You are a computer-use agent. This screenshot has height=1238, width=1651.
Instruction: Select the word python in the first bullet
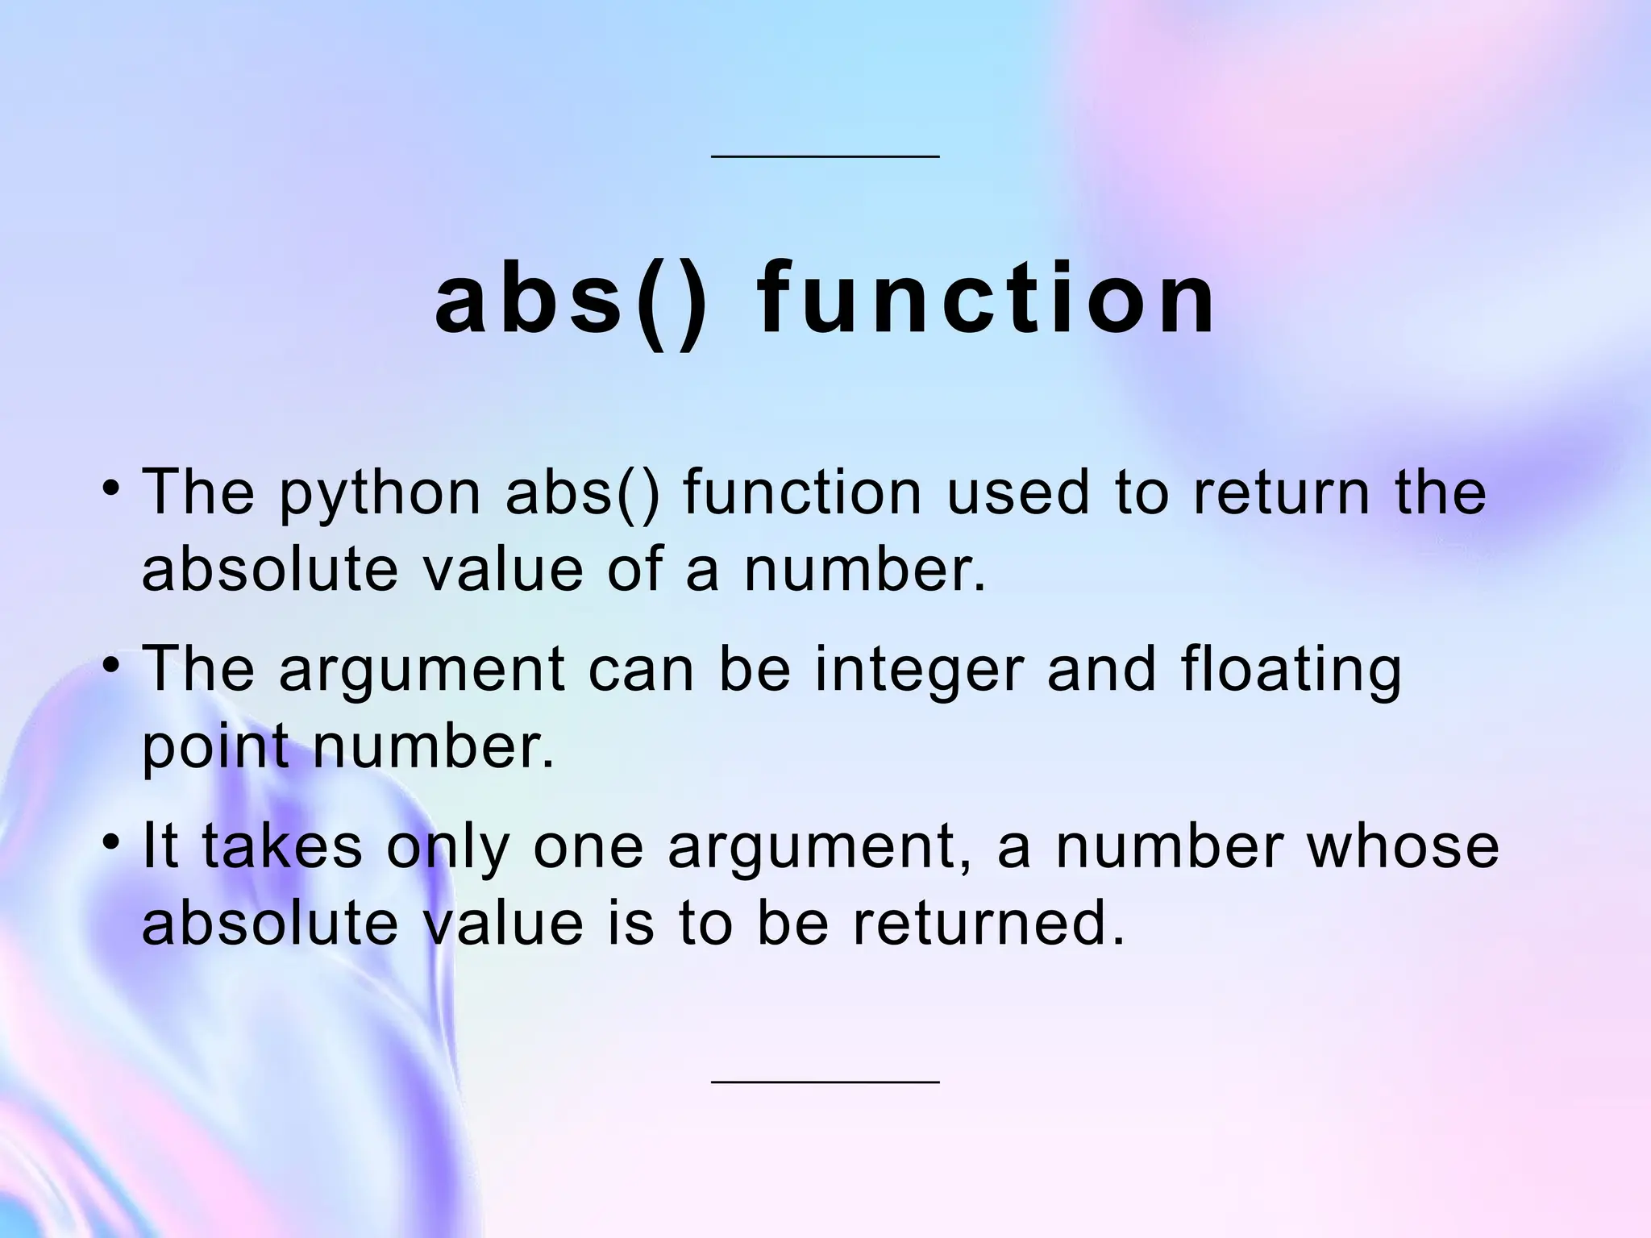tap(380, 494)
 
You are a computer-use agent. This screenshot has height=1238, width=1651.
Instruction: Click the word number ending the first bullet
tap(863, 569)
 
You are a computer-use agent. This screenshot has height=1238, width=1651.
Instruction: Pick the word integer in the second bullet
tap(919, 671)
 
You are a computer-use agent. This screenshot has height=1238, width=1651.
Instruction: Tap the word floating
tap(1291, 671)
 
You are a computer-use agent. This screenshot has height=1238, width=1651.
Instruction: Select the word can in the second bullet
tap(640, 671)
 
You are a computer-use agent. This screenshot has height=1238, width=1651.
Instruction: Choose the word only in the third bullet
tap(447, 848)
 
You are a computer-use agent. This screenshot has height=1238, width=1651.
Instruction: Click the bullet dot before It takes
tap(112, 842)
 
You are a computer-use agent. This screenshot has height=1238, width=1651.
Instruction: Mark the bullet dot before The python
tap(112, 488)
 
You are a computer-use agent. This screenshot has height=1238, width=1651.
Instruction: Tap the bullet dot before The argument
tap(112, 666)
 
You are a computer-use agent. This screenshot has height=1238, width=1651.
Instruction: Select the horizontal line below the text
tap(825, 1082)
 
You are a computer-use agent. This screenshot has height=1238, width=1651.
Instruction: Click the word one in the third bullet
tap(588, 848)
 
